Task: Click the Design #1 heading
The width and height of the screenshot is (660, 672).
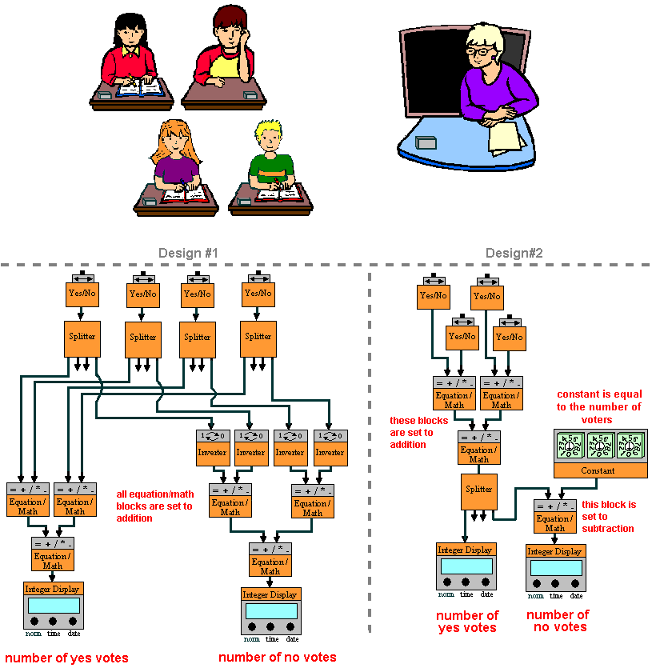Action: point(189,254)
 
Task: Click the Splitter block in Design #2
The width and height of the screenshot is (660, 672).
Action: point(478,490)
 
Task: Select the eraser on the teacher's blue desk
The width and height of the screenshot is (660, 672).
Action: point(426,143)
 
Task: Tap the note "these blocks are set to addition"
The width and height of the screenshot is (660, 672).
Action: point(413,432)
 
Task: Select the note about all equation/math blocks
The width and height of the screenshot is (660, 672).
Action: point(154,506)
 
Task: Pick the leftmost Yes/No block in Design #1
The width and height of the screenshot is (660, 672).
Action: point(82,293)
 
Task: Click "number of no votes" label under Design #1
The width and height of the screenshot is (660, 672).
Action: point(278,658)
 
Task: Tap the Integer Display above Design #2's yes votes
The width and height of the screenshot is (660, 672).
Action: point(466,565)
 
